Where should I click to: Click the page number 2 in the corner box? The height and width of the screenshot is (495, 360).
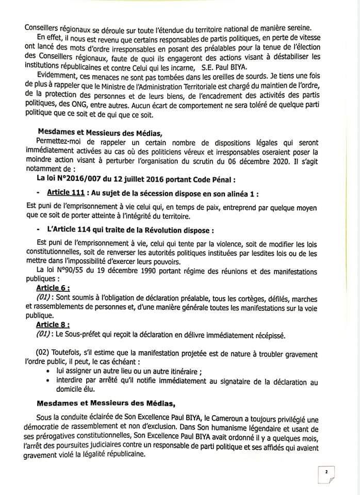326,471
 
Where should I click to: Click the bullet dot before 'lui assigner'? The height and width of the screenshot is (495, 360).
48,372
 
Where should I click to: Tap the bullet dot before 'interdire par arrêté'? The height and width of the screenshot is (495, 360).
48,382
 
